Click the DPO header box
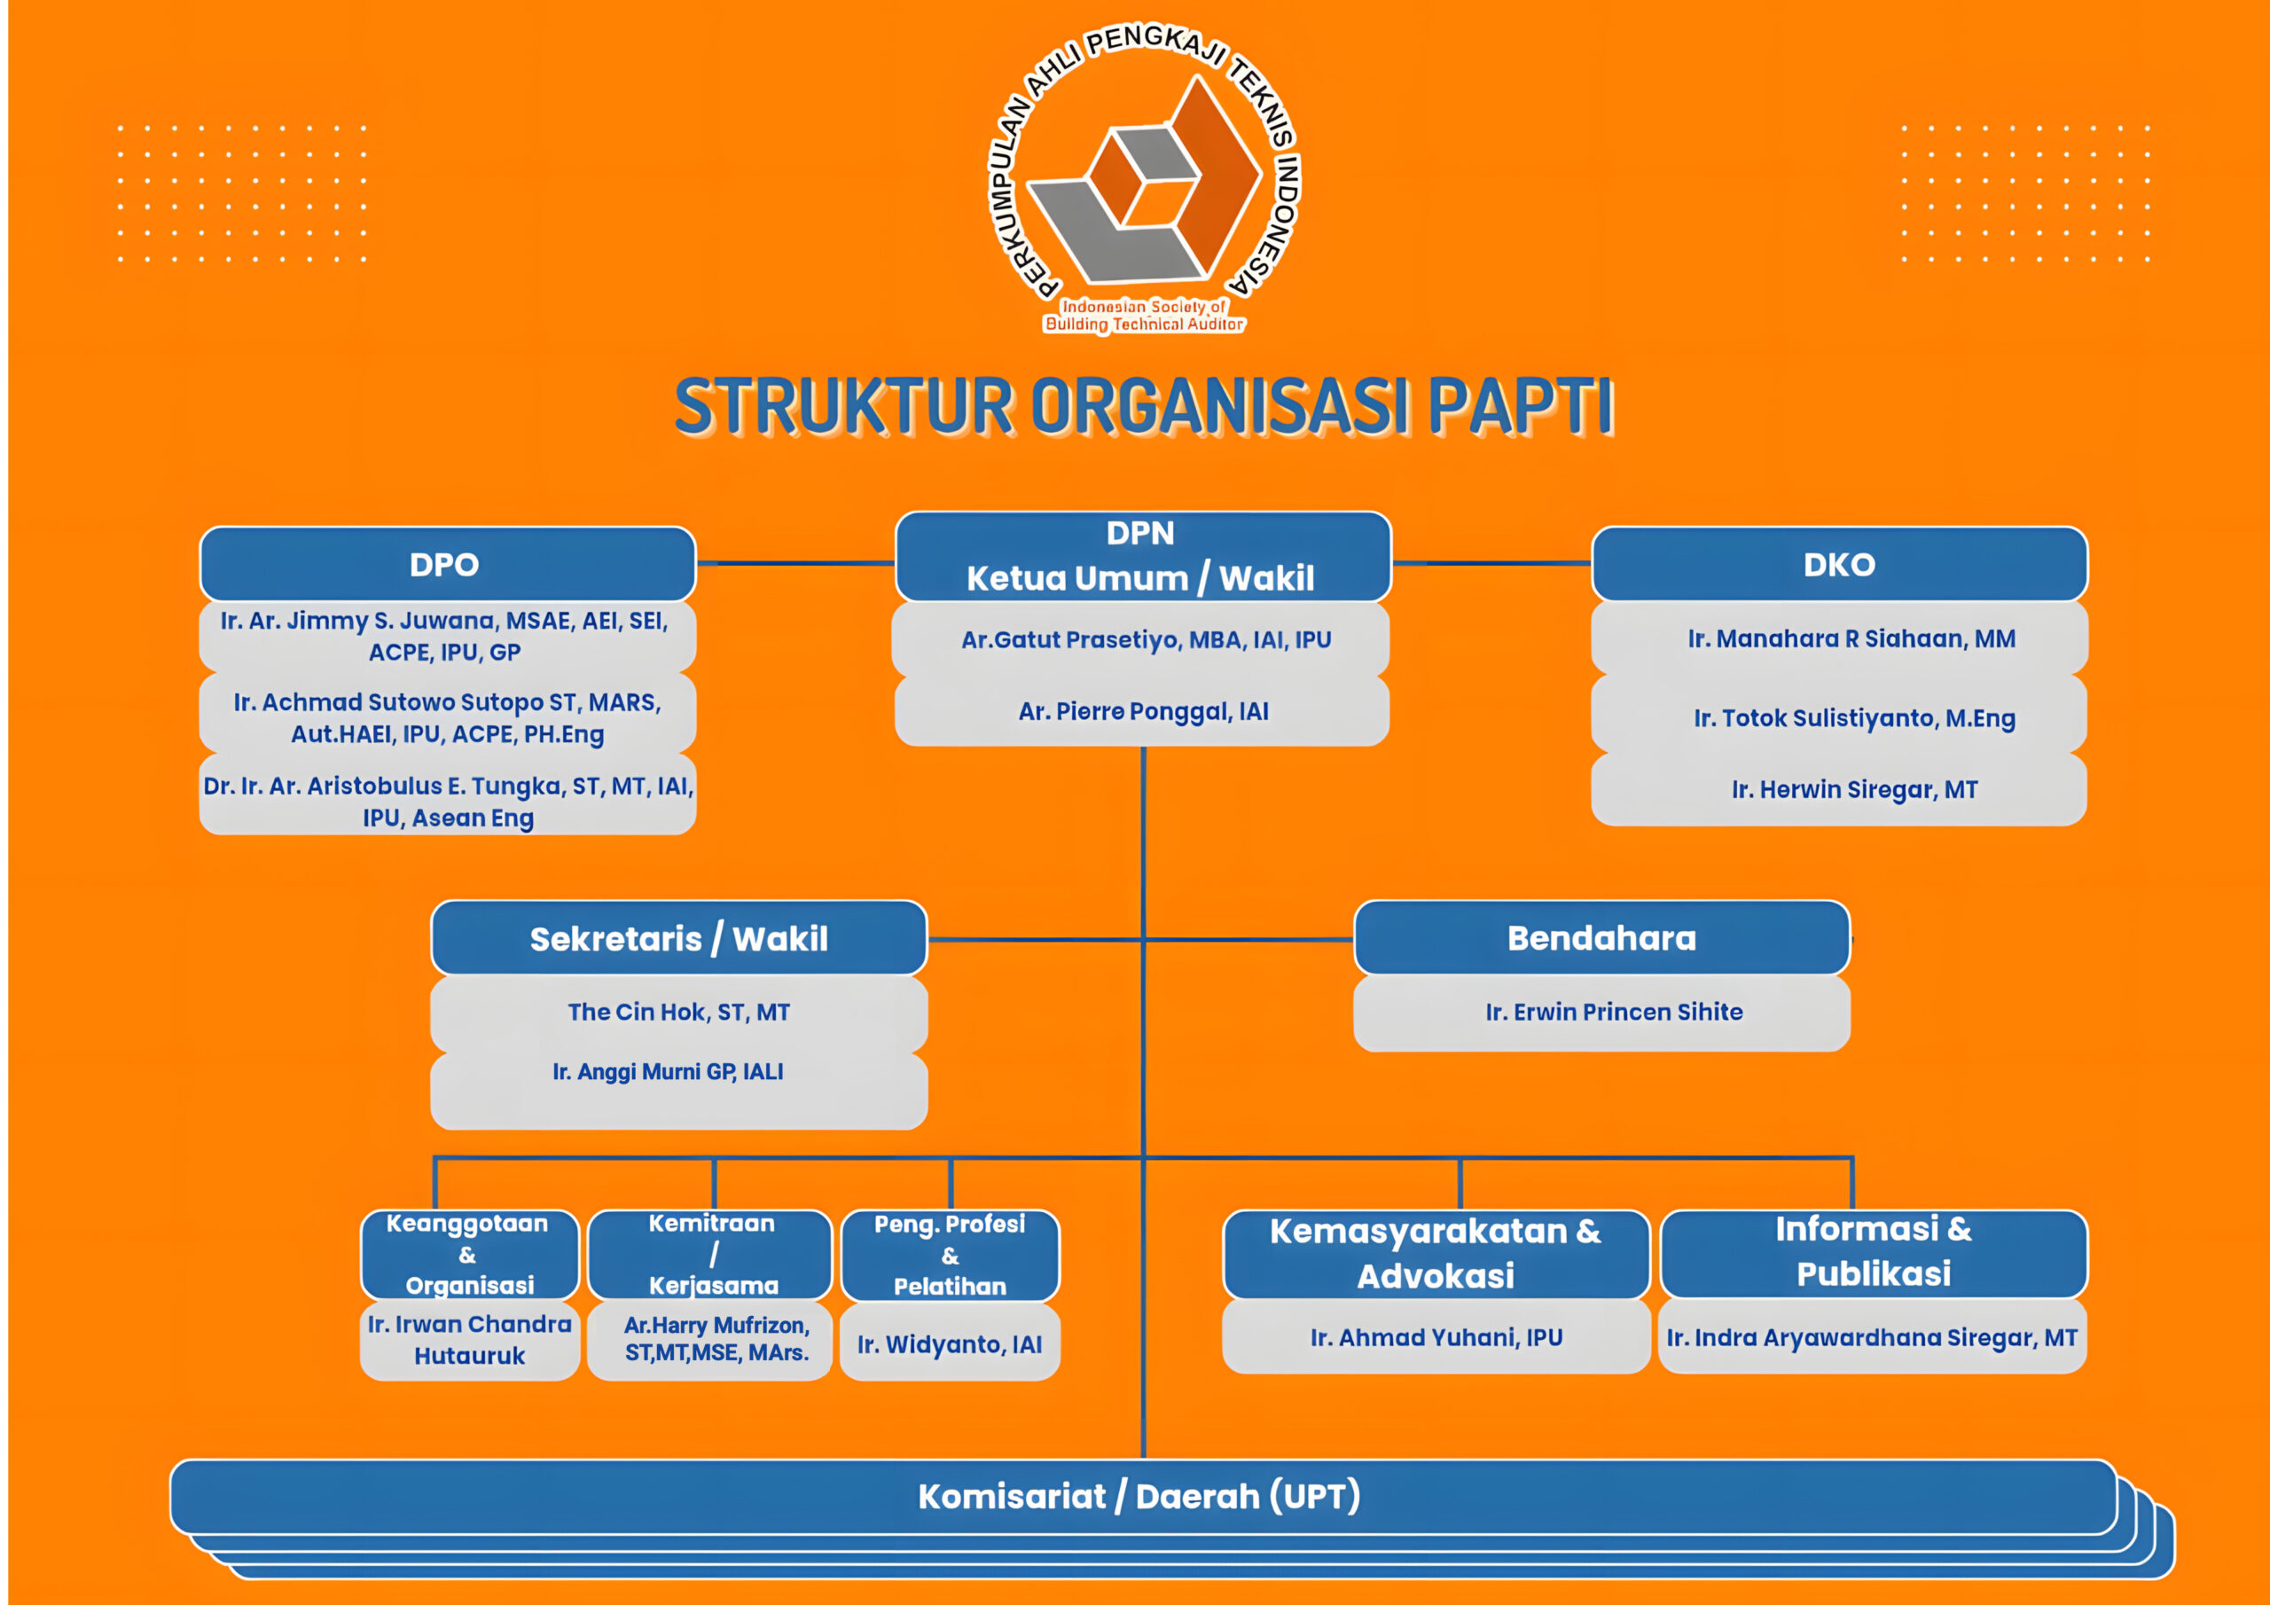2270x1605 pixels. [x=447, y=564]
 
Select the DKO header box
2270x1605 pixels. [x=1839, y=564]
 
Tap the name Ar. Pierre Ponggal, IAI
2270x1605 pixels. [x=1143, y=711]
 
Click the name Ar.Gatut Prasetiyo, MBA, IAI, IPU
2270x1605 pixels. [x=1146, y=640]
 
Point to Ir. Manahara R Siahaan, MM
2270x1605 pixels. [x=1851, y=638]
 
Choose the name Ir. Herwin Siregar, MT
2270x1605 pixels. [x=1854, y=789]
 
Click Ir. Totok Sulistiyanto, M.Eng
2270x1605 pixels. [x=1854, y=718]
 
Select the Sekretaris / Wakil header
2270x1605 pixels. [x=678, y=938]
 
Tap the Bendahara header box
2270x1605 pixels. [x=1601, y=937]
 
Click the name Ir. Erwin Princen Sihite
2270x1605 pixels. [x=1614, y=1012]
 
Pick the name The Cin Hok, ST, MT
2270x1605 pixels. [x=678, y=1012]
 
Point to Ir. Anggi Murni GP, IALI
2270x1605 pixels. [x=668, y=1072]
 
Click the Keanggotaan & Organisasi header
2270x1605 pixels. [x=469, y=1254]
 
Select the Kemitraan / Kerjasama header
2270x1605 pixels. [x=712, y=1254]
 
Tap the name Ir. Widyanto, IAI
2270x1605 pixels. [x=949, y=1345]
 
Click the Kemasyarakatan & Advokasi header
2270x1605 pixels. [x=1436, y=1253]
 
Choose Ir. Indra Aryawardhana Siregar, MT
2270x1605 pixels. [x=1872, y=1338]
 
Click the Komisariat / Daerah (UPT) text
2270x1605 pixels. [x=1139, y=1496]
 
